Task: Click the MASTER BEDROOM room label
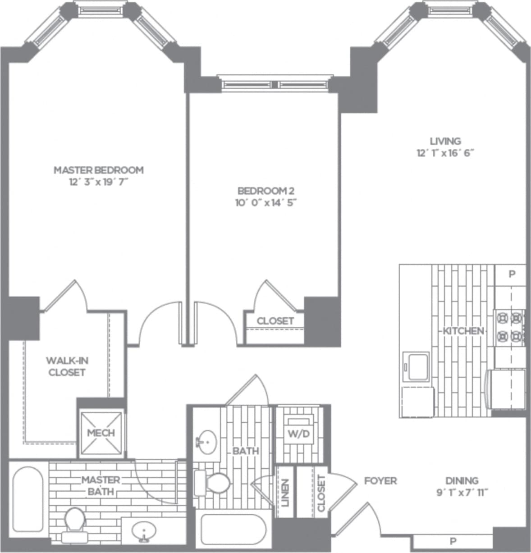(99, 170)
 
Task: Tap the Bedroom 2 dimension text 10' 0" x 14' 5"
(266, 203)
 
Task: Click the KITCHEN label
(463, 331)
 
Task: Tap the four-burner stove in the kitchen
(509, 327)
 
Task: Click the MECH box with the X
(101, 433)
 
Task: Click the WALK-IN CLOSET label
(67, 366)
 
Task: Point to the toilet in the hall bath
(214, 483)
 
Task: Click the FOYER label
(380, 481)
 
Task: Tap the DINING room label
(462, 480)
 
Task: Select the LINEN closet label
(285, 492)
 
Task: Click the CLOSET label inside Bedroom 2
(275, 321)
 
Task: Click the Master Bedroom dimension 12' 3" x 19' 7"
(99, 182)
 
